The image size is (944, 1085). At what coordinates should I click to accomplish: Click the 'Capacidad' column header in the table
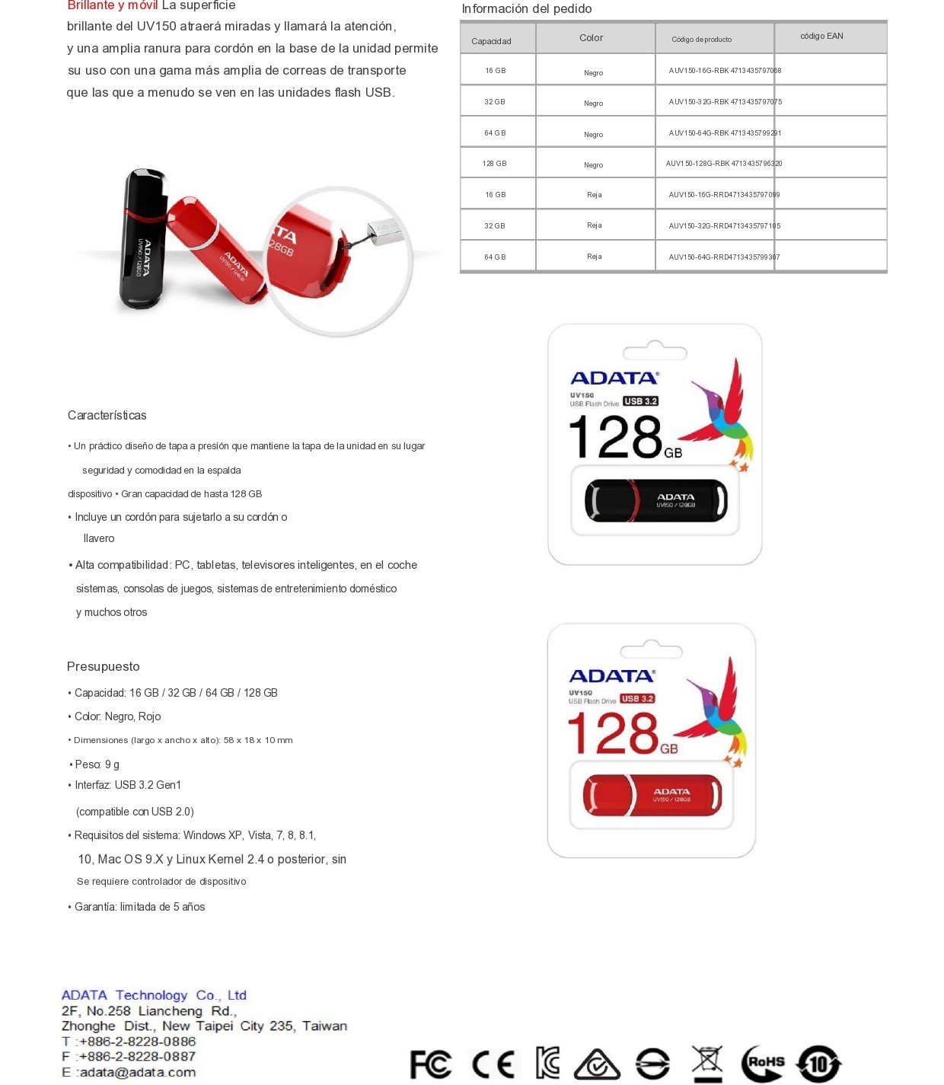492,41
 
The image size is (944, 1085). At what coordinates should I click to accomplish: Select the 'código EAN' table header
821,37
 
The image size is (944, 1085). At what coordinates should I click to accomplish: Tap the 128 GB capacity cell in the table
494,164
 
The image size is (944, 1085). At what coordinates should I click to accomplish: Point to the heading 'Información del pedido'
527,9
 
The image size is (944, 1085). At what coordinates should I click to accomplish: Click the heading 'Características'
107,416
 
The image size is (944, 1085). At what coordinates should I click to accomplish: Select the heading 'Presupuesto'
104,667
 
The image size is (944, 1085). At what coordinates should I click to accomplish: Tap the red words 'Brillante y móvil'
113,6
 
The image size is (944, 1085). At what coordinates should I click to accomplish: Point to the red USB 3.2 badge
637,699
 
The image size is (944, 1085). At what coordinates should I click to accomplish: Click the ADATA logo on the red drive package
612,676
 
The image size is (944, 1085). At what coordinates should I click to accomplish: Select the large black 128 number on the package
616,437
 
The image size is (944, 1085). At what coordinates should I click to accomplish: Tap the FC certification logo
430,1064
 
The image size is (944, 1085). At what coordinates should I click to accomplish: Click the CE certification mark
493,1064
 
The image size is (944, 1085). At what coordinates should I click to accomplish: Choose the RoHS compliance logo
763,1063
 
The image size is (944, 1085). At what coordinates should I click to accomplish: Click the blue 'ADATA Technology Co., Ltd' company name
154,996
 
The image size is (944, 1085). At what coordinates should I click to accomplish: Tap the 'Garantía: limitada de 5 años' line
139,908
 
